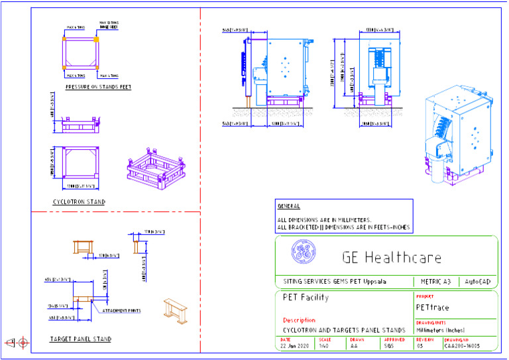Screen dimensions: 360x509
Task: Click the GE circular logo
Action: pos(304,252)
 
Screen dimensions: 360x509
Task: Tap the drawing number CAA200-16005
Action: pos(462,346)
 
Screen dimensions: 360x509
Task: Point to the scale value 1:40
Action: pos(323,346)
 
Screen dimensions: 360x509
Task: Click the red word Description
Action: pos(299,320)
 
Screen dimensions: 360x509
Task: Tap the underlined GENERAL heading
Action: pos(288,206)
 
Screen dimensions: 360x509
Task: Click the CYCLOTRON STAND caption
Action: pos(79,202)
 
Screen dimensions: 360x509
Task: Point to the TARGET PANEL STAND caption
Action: pos(81,339)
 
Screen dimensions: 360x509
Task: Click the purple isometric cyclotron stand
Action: pos(154,170)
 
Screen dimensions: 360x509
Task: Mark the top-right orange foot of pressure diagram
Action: pos(96,40)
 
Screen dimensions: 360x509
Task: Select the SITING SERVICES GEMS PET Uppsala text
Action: pos(335,281)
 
